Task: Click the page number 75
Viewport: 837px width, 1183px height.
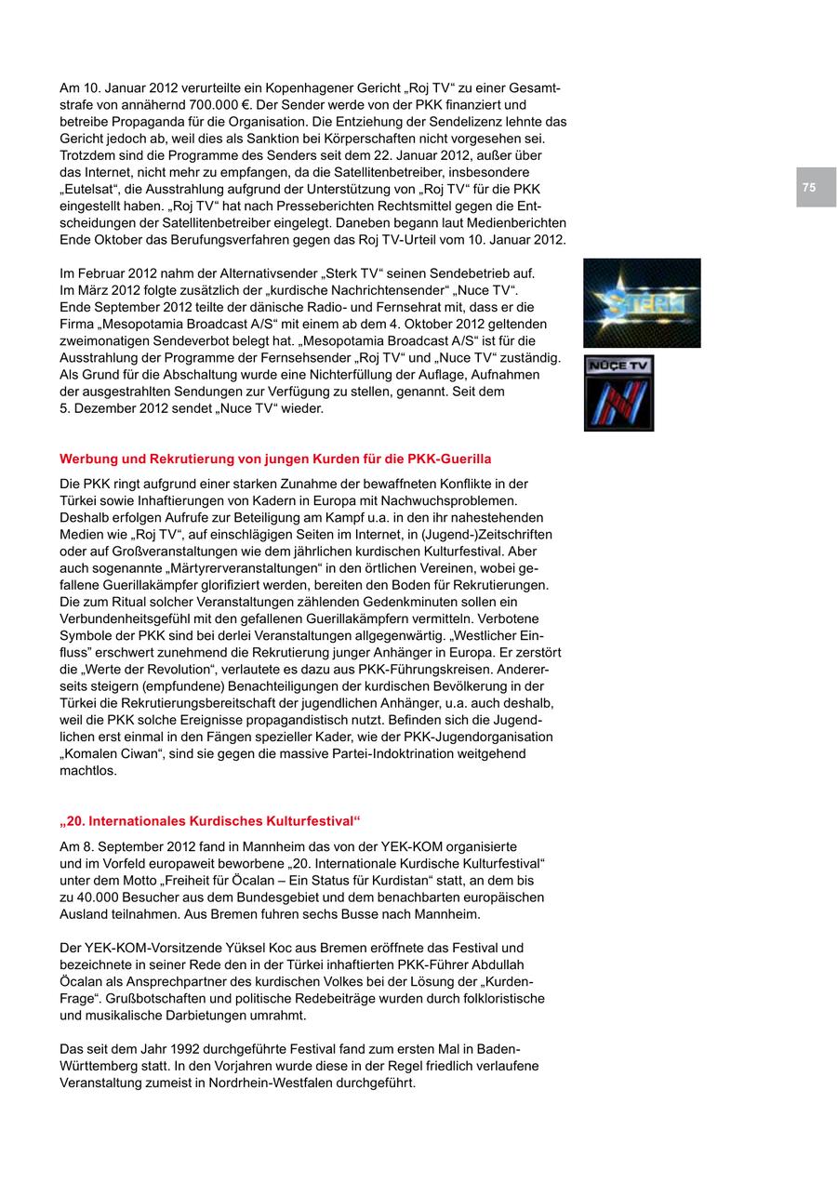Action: pyautogui.click(x=809, y=188)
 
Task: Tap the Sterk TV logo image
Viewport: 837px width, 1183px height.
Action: pyautogui.click(x=642, y=303)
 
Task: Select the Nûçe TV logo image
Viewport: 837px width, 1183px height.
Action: pyautogui.click(x=618, y=392)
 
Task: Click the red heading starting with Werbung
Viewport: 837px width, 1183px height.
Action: pyautogui.click(x=275, y=459)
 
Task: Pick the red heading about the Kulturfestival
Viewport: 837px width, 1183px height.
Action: pyautogui.click(x=209, y=821)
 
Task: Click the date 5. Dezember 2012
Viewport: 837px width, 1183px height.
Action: pyautogui.click(x=124, y=408)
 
